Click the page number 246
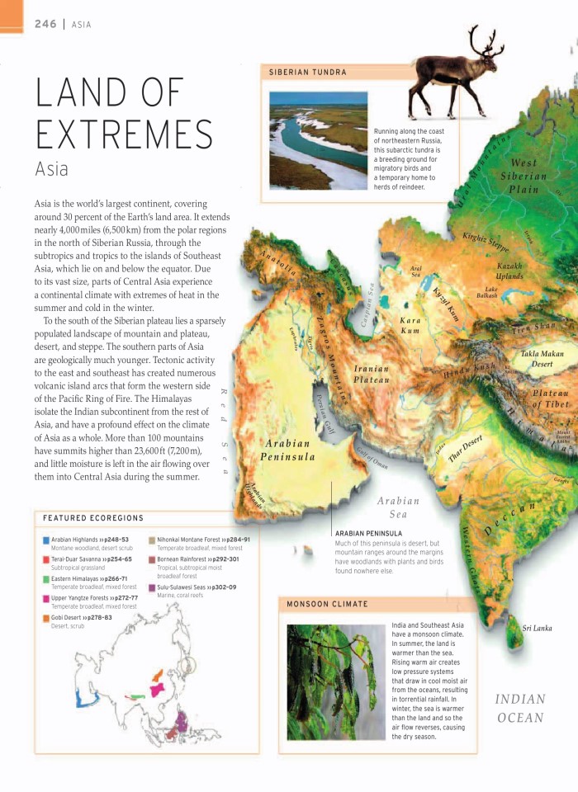coord(45,24)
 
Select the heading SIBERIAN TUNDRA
coord(308,73)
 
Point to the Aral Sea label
coord(415,271)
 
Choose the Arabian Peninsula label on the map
coord(287,450)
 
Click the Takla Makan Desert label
coord(542,358)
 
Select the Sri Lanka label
coord(537,628)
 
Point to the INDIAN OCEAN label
coord(520,708)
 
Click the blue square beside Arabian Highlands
coord(45,540)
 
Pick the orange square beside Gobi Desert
coord(45,617)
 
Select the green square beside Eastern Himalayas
coord(45,579)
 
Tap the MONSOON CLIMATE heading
coord(327,605)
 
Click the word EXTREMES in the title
coord(124,134)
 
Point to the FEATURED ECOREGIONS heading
coord(93,518)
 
